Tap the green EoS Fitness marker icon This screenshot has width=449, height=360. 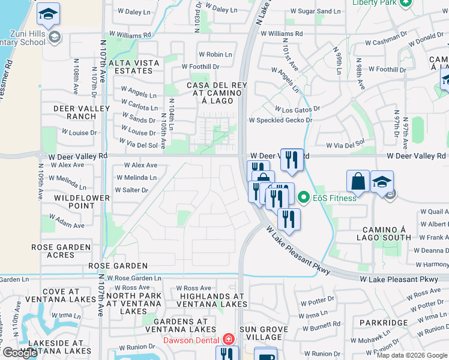pos(304,197)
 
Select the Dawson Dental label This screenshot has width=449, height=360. pos(193,340)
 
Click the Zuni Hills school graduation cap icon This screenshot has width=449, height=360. pos(48,13)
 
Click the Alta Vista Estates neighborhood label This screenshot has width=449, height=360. pos(133,67)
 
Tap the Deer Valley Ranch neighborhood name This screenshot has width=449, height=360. pos(82,112)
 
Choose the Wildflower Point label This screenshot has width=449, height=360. pos(82,202)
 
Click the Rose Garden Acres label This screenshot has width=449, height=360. pos(61,251)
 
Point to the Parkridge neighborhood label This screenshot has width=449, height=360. pos(384,323)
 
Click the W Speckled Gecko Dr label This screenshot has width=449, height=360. pos(285,120)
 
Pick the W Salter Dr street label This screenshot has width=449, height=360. pos(131,190)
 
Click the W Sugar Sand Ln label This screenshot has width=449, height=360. pos(316,11)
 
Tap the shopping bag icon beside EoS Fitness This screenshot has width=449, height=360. pos(358,181)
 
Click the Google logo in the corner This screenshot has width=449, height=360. pos(20,353)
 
